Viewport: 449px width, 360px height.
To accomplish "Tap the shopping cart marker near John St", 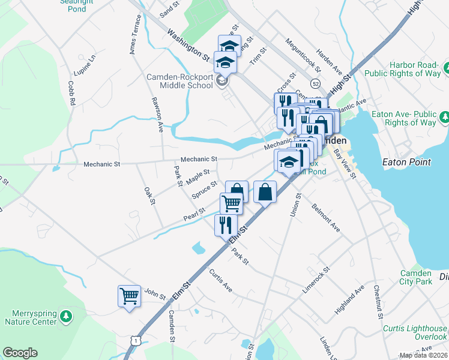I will (x=129, y=296).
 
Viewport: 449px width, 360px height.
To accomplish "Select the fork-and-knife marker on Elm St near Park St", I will (x=226, y=225).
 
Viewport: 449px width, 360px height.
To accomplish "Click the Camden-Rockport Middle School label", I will (x=180, y=80).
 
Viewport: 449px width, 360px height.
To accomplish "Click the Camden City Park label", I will (x=416, y=277).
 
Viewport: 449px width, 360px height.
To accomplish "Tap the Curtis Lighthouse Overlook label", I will (x=415, y=332).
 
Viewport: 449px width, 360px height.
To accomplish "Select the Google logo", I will (x=20, y=353).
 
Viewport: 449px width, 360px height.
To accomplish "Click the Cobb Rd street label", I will (x=71, y=94).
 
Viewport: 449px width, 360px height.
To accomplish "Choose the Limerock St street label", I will (x=316, y=280).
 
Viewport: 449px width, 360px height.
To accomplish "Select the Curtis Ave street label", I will (x=220, y=281).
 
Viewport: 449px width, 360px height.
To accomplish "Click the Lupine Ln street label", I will (x=85, y=65).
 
